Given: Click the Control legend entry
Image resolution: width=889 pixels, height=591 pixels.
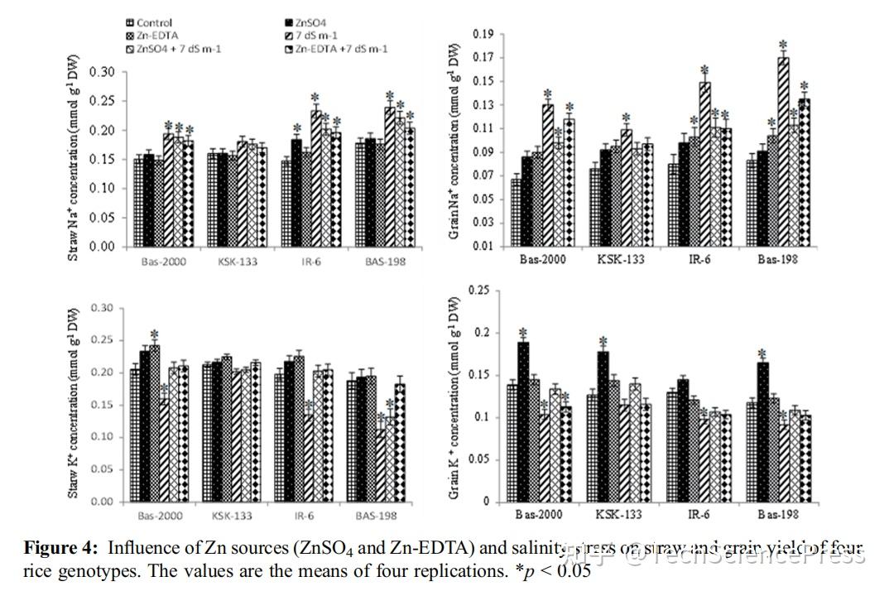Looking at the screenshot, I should pyautogui.click(x=156, y=22).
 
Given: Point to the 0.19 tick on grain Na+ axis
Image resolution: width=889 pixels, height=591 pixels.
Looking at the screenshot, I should pyautogui.click(x=482, y=34).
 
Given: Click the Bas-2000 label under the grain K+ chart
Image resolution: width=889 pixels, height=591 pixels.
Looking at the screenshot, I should pyautogui.click(x=538, y=514).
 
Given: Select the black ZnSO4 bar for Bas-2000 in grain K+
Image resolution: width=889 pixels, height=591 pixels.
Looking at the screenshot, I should pyautogui.click(x=523, y=421).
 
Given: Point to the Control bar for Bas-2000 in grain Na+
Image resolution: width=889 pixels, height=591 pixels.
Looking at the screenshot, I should pyautogui.click(x=516, y=212).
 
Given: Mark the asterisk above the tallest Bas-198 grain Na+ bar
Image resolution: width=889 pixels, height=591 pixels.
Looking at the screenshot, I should pyautogui.click(x=783, y=46).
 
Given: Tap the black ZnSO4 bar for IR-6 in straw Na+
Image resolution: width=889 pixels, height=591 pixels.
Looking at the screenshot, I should pyautogui.click(x=296, y=193).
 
